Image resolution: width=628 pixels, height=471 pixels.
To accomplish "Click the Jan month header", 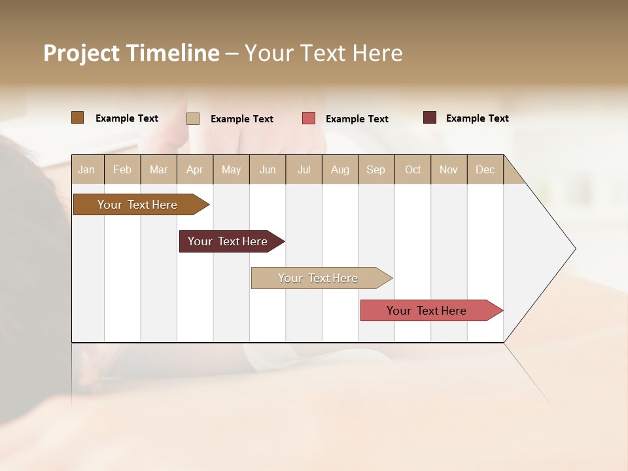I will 86,169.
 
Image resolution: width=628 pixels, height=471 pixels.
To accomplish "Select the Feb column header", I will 122,169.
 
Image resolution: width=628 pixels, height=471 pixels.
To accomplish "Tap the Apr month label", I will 194,169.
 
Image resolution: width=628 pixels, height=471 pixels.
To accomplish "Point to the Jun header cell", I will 268,169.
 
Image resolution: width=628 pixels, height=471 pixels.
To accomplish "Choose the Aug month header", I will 340,169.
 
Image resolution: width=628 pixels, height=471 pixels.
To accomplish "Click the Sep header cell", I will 375,169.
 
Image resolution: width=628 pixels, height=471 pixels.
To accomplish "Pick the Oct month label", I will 413,169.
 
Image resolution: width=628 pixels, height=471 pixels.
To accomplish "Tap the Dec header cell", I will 485,169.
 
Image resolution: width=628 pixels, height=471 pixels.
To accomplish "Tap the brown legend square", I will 77,118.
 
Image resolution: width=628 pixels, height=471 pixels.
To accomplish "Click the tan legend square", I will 193,118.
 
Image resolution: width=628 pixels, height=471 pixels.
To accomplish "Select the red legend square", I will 309,118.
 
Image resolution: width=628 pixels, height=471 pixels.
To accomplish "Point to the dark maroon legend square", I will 429,118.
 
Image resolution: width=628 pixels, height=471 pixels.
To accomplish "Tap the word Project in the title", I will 82,53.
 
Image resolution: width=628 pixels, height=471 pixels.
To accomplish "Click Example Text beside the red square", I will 357,119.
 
